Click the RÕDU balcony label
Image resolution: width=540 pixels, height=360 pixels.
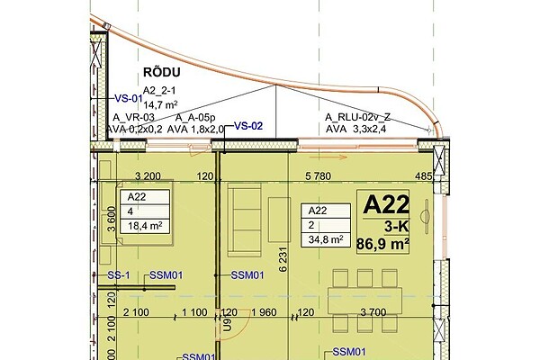coord(161,72)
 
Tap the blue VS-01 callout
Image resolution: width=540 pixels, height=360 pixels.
coord(129,98)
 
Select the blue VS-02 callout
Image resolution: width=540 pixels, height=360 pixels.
coord(248,126)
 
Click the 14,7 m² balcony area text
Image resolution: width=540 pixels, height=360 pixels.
coord(160,104)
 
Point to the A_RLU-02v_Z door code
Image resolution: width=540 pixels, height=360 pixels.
coord(357,118)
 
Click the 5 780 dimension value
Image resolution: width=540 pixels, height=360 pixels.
coord(319,176)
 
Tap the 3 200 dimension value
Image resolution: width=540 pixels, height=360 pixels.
coord(148,176)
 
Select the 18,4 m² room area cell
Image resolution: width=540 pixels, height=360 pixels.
coord(145,226)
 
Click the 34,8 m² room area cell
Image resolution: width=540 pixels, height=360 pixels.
coord(326,239)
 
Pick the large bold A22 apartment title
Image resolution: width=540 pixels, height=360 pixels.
coord(386,204)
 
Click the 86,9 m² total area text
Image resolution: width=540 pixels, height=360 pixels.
coord(382,244)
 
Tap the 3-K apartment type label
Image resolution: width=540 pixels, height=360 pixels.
coord(396,227)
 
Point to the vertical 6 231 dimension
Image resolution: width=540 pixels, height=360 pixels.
coord(283,259)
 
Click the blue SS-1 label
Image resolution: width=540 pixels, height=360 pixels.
coord(119,275)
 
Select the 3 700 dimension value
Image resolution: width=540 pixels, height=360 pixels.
coord(373,312)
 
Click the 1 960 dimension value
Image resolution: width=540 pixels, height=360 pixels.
coord(264,312)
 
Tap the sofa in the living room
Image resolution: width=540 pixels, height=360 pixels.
coord(245,220)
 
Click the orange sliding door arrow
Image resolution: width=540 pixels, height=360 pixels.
coord(328,157)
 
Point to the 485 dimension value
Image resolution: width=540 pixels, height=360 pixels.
coord(424,176)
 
